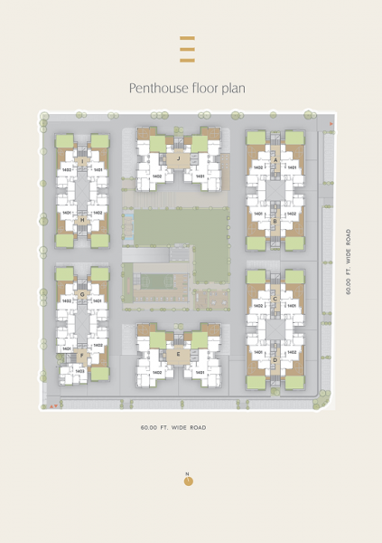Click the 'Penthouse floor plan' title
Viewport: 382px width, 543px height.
tap(188, 88)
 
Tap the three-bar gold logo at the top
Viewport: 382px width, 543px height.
tap(188, 49)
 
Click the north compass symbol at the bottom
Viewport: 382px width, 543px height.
tap(188, 480)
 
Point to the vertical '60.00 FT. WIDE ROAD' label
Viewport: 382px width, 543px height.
tap(347, 262)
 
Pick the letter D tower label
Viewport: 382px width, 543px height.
tap(275, 360)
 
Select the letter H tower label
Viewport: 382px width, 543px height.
tap(82, 220)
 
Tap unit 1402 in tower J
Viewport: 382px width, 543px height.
tap(156, 176)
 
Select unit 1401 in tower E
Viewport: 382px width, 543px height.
tap(200, 371)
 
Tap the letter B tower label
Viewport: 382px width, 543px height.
tap(275, 221)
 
